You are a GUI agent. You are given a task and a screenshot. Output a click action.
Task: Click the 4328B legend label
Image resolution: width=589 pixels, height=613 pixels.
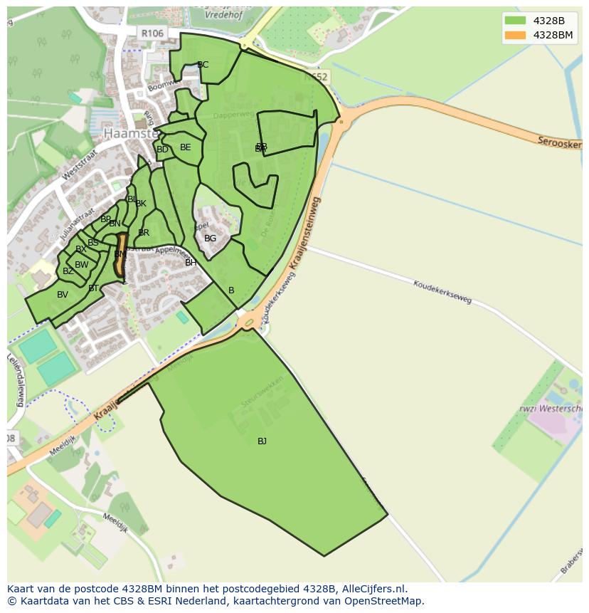(x=548, y=21)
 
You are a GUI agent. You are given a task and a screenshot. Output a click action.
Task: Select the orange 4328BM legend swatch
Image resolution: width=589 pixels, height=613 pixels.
(x=516, y=35)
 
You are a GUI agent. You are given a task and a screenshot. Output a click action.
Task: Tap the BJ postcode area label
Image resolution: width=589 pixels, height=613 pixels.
(x=262, y=441)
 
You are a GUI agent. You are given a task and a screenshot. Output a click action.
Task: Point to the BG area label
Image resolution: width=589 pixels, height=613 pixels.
(x=210, y=239)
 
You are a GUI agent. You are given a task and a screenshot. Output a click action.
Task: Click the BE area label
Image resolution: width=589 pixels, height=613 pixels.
(x=186, y=147)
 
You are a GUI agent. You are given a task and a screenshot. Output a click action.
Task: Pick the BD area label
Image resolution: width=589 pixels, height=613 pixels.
(x=162, y=150)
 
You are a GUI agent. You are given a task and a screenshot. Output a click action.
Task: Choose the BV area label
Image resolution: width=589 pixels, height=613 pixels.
(x=63, y=295)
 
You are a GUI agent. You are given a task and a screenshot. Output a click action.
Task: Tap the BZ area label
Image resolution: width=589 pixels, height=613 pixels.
(x=68, y=271)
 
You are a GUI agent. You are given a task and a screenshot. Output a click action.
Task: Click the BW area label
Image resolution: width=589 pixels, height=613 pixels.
(x=82, y=265)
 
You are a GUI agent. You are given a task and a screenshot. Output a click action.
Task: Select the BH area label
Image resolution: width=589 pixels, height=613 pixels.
(x=191, y=263)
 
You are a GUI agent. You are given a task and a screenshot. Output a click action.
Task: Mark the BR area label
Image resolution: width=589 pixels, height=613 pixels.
(x=144, y=233)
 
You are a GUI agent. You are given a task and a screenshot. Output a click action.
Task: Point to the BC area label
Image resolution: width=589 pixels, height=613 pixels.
(x=203, y=65)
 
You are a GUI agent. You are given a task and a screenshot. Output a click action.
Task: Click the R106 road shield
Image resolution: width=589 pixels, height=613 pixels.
(x=152, y=33)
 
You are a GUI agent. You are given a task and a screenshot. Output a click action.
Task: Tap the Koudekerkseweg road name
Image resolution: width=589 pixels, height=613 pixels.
(x=442, y=291)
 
